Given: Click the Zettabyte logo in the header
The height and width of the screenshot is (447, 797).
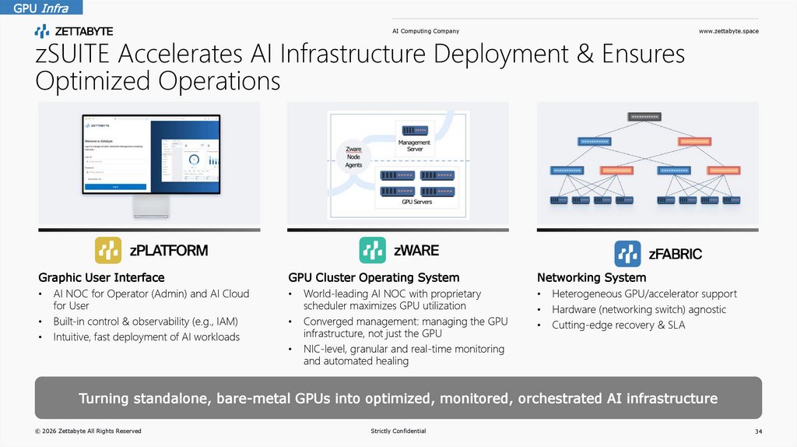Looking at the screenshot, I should click(x=74, y=31).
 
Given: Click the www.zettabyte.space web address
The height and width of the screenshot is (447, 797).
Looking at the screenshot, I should click(x=729, y=31).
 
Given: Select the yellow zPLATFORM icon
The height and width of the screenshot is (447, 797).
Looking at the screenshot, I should click(x=108, y=251).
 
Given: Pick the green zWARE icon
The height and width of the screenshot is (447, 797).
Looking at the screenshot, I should click(x=372, y=250).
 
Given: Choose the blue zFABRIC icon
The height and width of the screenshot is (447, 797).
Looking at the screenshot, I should click(x=627, y=253).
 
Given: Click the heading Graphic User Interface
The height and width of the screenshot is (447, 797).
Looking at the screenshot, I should click(x=101, y=277).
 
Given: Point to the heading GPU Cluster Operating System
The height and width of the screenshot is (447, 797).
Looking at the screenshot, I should click(x=374, y=277).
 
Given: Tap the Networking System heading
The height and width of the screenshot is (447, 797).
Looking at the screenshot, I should click(x=592, y=277).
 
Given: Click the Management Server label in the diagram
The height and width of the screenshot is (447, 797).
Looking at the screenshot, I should click(x=415, y=146).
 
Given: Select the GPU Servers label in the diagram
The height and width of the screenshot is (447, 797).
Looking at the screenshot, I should click(x=416, y=202).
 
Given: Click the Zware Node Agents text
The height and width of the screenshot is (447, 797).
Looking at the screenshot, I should click(x=353, y=157).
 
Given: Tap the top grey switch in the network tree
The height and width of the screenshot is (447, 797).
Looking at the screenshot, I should click(x=644, y=117).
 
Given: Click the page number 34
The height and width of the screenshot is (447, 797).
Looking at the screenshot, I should click(x=758, y=431).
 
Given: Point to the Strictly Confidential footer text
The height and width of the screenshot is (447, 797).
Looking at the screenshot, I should click(x=398, y=431).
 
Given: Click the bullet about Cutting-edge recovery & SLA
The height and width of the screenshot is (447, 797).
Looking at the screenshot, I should click(x=618, y=325).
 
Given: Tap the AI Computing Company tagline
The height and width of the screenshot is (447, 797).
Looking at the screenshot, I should click(x=425, y=31).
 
